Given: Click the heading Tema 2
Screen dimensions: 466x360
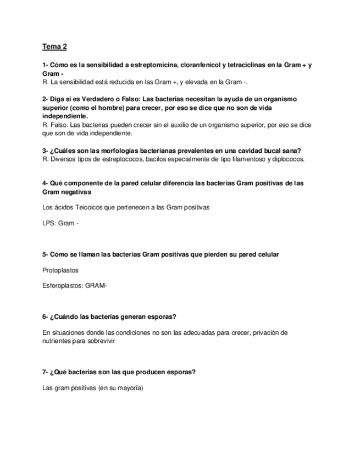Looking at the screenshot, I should pyautogui.click(x=54, y=47).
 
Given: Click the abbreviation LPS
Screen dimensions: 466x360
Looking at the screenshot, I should pyautogui.click(x=48, y=223).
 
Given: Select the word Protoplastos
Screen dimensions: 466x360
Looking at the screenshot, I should pyautogui.click(x=60, y=270).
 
